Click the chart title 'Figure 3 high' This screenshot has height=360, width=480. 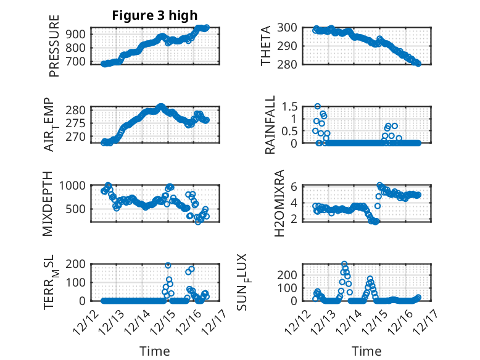click(x=154, y=16)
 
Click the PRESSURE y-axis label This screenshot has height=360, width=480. click(x=54, y=49)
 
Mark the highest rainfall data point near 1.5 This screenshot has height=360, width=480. click(x=318, y=106)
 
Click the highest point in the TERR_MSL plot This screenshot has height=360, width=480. click(x=168, y=265)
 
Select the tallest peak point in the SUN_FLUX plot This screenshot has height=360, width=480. click(x=344, y=264)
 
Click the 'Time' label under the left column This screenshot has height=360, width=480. click(x=154, y=351)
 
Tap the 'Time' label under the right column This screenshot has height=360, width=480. click(x=366, y=351)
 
